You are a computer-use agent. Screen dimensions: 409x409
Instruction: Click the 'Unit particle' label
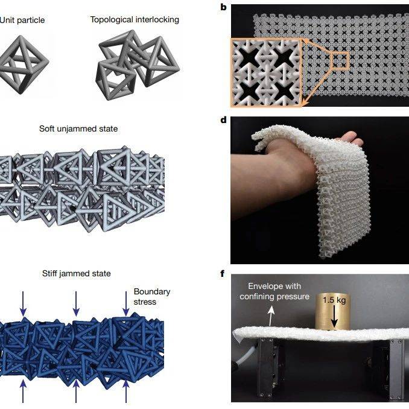[x=22, y=20]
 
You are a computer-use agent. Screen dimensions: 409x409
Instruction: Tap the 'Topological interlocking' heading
[x=135, y=20]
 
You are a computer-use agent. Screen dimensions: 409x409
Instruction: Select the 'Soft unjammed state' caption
[x=78, y=128]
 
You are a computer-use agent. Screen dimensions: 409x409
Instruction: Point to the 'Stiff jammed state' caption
[x=77, y=273]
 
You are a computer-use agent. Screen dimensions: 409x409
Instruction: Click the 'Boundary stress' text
[x=152, y=297]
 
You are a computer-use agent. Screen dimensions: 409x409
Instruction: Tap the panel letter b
[x=223, y=7]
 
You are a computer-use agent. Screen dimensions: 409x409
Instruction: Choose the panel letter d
[x=223, y=120]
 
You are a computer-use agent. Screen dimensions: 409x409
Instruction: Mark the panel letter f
[x=222, y=274]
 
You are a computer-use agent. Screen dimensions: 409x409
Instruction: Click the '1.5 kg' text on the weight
[x=334, y=300]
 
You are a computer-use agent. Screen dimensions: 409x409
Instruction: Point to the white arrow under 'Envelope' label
[x=271, y=316]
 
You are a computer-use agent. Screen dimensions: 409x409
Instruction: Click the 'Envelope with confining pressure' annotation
[x=274, y=291]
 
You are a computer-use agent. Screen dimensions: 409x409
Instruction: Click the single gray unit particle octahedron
[x=24, y=65]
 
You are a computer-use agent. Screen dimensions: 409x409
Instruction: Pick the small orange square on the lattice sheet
[x=340, y=60]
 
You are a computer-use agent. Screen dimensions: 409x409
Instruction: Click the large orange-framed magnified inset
[x=266, y=72]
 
